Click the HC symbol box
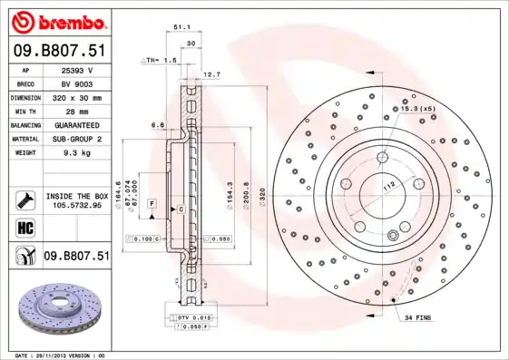[24, 227]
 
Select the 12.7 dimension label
[211, 74]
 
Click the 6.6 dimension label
[156, 125]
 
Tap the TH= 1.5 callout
[161, 59]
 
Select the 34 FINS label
[418, 317]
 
